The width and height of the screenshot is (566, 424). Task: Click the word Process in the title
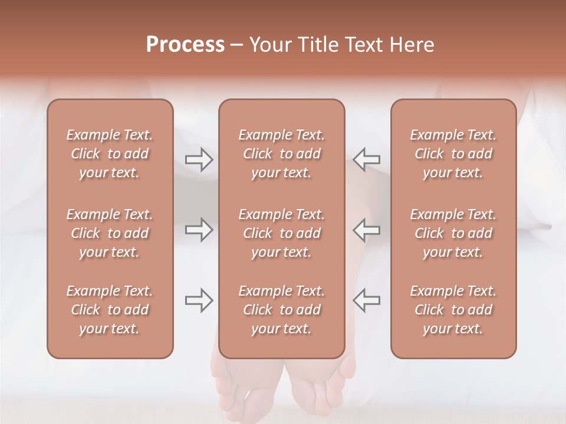click(185, 45)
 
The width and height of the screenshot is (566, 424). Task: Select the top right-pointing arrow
click(199, 159)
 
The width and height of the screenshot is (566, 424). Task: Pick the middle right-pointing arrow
click(199, 230)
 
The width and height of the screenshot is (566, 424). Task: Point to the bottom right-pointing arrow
click(199, 300)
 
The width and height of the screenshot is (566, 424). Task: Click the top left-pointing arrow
click(366, 159)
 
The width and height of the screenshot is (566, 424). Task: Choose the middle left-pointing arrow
click(366, 230)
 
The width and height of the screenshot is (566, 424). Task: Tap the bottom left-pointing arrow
click(366, 300)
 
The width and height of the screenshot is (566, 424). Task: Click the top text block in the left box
click(110, 154)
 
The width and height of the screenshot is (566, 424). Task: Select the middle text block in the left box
click(110, 233)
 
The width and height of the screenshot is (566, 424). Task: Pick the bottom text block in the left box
click(110, 310)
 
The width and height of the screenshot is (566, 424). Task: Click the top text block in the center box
click(281, 154)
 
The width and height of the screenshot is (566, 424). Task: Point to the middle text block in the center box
click(281, 233)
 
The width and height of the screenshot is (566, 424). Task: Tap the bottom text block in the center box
click(281, 310)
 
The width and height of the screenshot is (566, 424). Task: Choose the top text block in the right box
click(453, 154)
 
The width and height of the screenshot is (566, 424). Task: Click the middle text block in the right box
click(453, 233)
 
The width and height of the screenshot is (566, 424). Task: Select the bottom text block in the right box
click(453, 310)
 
